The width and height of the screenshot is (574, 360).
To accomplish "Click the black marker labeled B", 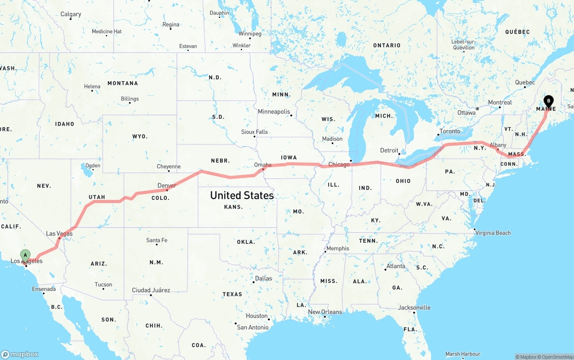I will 548,101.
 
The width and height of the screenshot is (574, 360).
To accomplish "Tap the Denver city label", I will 166,186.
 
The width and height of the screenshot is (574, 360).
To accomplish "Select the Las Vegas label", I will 59,234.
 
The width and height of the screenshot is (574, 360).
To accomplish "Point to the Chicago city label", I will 339,165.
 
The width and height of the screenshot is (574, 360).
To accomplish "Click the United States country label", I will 242,195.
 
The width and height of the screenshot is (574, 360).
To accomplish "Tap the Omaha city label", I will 263,165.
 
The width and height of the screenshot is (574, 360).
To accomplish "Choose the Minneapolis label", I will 274,112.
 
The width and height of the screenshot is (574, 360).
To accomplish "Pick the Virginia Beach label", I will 493,233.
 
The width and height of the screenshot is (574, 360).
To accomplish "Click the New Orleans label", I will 325,312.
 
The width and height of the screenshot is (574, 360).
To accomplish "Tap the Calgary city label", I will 71,14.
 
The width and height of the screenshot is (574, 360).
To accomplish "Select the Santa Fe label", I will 157,240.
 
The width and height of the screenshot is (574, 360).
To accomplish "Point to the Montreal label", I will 500,103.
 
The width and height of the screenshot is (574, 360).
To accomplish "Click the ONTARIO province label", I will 387,45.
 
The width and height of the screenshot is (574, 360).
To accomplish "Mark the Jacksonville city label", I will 414,308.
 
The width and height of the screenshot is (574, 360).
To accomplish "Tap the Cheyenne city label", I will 169,167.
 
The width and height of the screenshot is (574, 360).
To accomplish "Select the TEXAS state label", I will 232,294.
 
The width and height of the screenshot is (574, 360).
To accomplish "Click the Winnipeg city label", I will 250,34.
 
